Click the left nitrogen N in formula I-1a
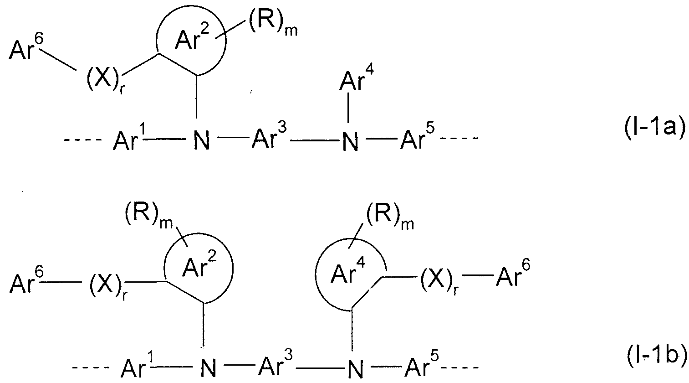pos(202,140)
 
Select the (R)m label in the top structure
pos(272,26)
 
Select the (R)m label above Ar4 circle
pos(390,217)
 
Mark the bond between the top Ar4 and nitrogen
pos(348,107)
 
